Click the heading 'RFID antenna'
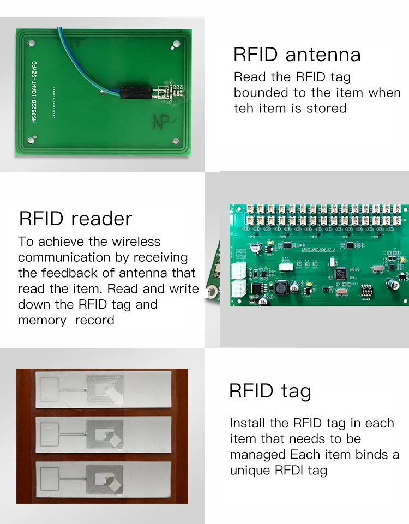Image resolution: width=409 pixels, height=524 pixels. (297, 55)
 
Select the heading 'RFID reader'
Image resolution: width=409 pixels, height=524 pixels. (75, 219)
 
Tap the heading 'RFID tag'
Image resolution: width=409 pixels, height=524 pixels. (270, 391)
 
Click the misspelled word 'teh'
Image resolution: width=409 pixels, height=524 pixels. (244, 109)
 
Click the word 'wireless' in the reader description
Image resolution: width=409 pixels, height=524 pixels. (136, 242)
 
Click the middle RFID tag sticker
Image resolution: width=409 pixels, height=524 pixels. (103, 435)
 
